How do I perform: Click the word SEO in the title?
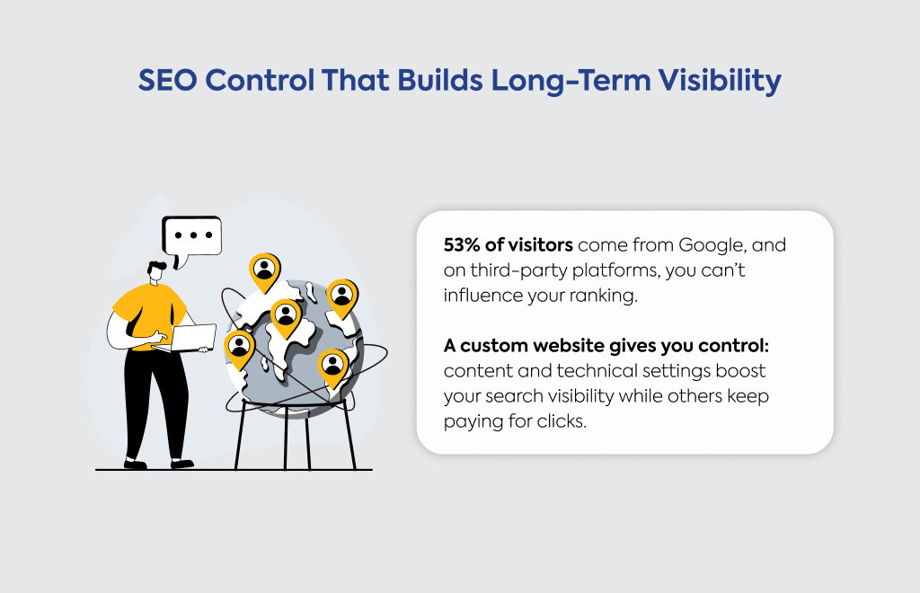click(168, 80)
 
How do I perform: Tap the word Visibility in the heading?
click(720, 81)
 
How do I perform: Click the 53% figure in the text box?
click(462, 244)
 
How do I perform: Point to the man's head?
click(156, 273)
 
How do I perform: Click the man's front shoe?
click(181, 464)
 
